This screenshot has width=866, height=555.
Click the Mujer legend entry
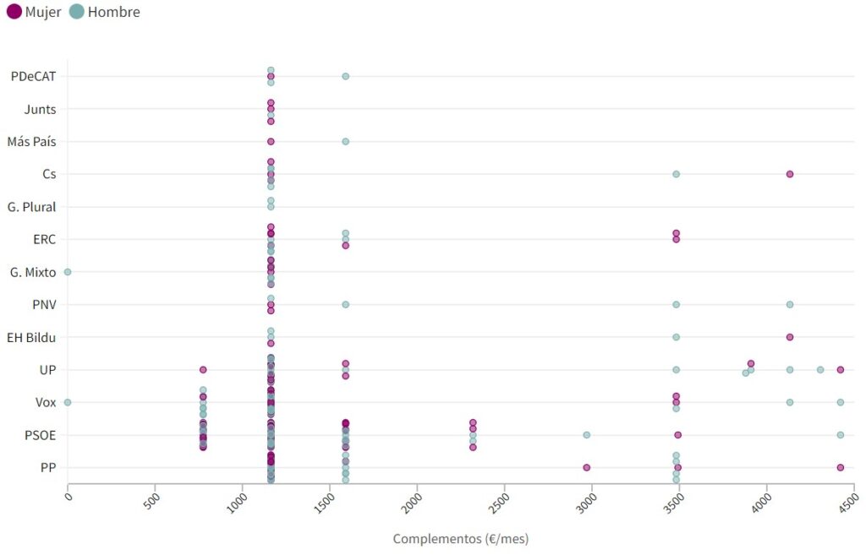pyautogui.click(x=34, y=13)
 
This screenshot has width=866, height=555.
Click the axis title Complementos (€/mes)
pyautogui.click(x=460, y=538)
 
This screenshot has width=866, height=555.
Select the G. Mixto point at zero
pyautogui.click(x=68, y=272)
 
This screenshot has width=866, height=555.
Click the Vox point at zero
pyautogui.click(x=68, y=402)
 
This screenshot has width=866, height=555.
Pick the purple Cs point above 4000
pyautogui.click(x=789, y=174)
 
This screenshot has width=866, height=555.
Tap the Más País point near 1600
pyautogui.click(x=345, y=141)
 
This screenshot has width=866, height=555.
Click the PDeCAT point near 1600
pyautogui.click(x=345, y=76)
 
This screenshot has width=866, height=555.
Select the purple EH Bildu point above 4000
pyautogui.click(x=789, y=337)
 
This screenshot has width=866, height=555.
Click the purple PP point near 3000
pyautogui.click(x=586, y=467)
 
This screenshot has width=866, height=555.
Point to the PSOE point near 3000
pyautogui.click(x=586, y=435)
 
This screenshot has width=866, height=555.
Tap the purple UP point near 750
pyautogui.click(x=203, y=369)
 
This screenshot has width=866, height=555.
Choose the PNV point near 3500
pyautogui.click(x=676, y=304)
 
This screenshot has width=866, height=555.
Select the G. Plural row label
pyautogui.click(x=31, y=207)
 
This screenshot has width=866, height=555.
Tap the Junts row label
pyautogui.click(x=40, y=109)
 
